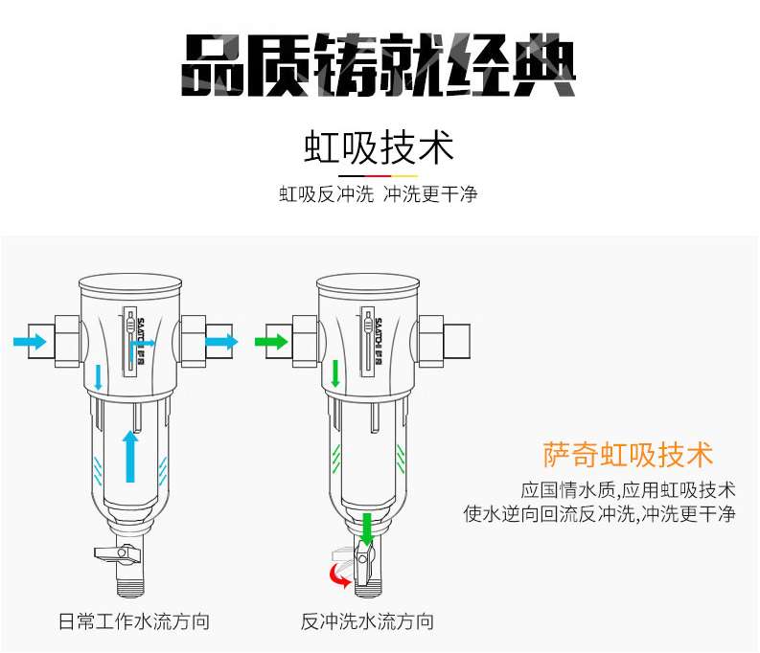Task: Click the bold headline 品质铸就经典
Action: pos(379,65)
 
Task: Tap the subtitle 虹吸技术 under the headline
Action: pos(379,147)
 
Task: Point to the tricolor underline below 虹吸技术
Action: pos(378,176)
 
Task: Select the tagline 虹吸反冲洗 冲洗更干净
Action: pos(378,194)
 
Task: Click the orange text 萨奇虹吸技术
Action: pos(628,455)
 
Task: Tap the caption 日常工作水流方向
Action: pos(134,621)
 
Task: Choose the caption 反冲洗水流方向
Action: pos(367,621)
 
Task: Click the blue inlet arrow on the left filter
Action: pos(30,342)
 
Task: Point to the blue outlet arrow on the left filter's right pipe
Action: pos(221,342)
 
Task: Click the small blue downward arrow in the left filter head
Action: pos(99,377)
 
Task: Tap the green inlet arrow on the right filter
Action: pos(271,342)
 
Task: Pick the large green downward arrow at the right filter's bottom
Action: pos(367,529)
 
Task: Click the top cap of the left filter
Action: pos(130,283)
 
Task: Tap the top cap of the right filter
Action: pos(368,283)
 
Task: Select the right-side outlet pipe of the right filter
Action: pos(456,341)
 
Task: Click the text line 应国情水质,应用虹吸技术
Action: pos(628,490)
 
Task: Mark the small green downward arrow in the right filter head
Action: pos(334,373)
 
